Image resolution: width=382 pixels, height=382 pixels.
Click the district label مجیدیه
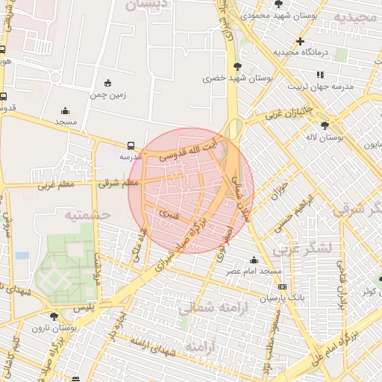[355, 16]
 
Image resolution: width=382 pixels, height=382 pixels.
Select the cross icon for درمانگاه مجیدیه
[300, 41]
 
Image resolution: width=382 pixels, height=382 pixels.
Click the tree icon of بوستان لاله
[324, 125]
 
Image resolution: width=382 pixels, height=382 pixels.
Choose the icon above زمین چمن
[108, 83]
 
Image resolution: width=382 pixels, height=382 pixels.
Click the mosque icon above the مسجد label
[65, 110]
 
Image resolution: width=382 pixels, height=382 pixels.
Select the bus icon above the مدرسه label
[131, 145]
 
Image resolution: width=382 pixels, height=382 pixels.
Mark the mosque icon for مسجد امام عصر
[254, 260]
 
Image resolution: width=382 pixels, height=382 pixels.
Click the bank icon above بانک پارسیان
[281, 286]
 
